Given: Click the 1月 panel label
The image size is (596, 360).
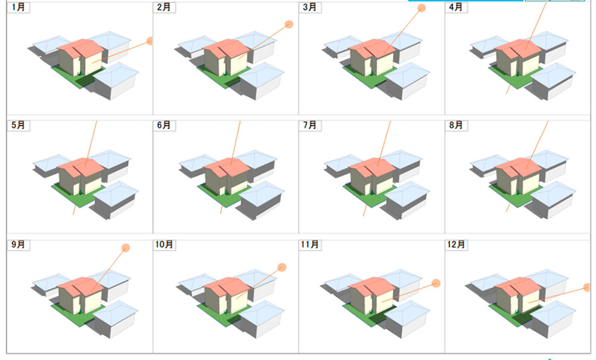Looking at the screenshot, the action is tap(18, 7).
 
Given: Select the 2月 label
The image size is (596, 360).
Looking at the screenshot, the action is tap(164, 7).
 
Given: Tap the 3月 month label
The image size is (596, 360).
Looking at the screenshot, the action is tap(310, 7).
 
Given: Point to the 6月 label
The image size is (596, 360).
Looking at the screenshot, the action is tap(164, 125).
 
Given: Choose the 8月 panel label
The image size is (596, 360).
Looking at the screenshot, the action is tap(456, 125).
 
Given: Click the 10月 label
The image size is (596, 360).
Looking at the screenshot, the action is tap(164, 244).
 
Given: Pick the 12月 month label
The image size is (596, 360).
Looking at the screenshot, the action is tap(456, 244).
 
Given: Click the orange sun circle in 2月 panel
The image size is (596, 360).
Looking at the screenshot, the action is tap(289, 24).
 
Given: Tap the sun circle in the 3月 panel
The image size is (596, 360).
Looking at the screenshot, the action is tap(421, 8).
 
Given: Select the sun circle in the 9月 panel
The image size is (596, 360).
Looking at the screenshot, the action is tap(126, 248).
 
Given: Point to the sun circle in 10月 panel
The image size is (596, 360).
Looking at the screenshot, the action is tap(282, 267).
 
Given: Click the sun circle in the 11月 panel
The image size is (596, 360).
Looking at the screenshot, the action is tap(436, 283).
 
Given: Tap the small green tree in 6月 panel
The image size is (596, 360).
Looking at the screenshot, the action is tap(226, 191).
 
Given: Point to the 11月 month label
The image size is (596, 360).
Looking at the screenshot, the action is tap(310, 244).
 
